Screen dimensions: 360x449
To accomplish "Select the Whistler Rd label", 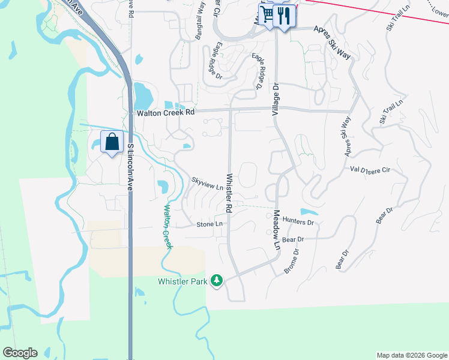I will (x=229, y=193).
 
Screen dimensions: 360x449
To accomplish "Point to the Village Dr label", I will (x=276, y=99).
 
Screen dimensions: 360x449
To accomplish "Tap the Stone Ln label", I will (x=209, y=224).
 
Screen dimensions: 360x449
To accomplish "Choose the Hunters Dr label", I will (x=298, y=222).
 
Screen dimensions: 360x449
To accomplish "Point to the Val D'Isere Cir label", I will (x=370, y=170).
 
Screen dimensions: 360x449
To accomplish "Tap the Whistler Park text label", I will (x=182, y=281).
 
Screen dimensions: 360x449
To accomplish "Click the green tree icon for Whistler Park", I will (x=217, y=280).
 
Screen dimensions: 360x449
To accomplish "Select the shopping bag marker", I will (x=112, y=142).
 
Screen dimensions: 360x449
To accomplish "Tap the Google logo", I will (x=20, y=353).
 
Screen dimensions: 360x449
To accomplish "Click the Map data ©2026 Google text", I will (x=411, y=355).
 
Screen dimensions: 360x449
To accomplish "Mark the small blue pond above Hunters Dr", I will (x=308, y=212).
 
